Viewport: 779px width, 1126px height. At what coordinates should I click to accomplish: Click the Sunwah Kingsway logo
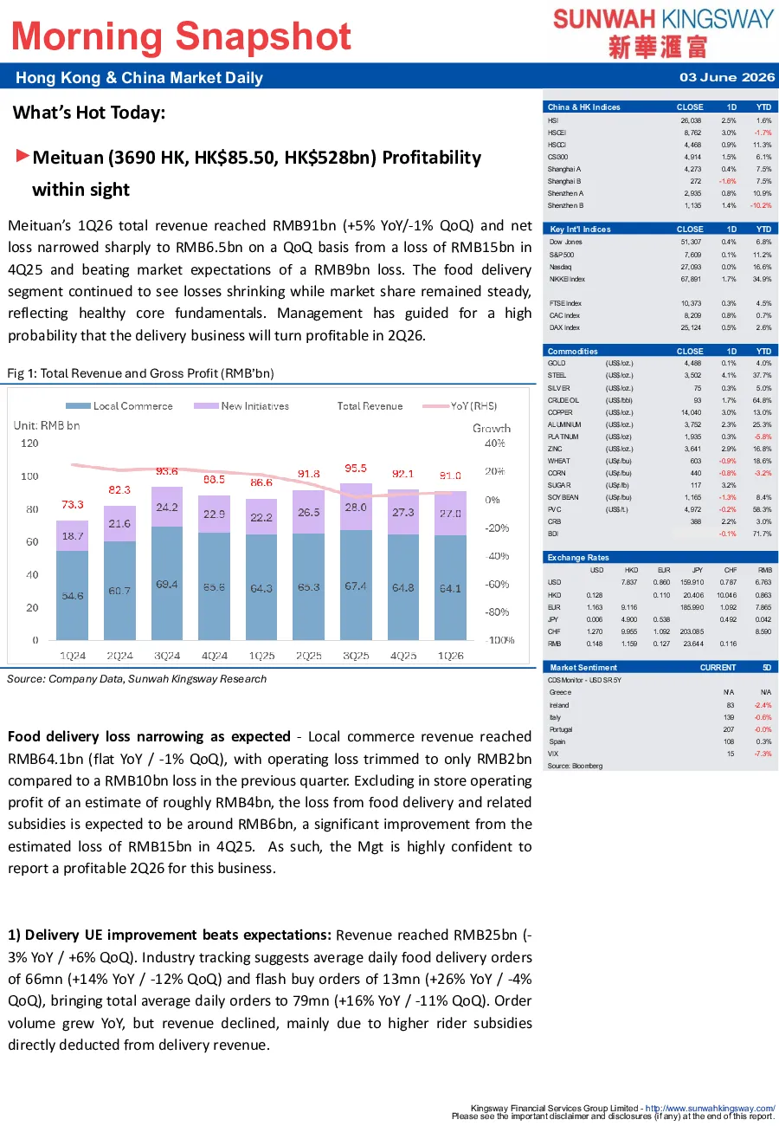coord(663,33)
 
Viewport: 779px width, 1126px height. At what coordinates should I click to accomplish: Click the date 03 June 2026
coord(727,77)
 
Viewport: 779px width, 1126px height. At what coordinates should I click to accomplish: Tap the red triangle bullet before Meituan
coord(23,155)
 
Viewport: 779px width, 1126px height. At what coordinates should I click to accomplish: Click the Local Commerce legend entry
coord(119,405)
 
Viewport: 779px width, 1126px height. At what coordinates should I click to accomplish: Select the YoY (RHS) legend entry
coord(460,405)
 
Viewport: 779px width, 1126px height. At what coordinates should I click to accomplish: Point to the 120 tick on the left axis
coord(29,443)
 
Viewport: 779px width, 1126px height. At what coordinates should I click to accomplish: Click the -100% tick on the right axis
coord(500,640)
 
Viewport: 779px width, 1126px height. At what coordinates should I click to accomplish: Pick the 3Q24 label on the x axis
coord(167,656)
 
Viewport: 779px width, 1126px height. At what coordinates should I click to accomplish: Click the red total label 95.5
coord(356,468)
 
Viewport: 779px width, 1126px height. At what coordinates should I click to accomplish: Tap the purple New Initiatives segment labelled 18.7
coord(73,536)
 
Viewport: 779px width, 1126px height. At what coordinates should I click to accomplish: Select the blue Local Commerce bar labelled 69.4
coord(167,583)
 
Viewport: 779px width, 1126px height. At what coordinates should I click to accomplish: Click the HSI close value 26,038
coord(691,120)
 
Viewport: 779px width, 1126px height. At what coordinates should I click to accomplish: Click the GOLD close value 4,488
coord(692,363)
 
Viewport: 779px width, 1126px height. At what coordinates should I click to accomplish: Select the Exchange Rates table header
coord(578,558)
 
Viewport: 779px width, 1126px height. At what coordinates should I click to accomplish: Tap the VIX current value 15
coord(731,754)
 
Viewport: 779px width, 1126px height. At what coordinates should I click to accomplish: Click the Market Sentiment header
coord(583,668)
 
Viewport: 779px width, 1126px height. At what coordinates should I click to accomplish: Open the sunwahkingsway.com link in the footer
coord(711,1108)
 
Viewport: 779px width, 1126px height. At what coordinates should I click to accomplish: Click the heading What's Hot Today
coord(89,113)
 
